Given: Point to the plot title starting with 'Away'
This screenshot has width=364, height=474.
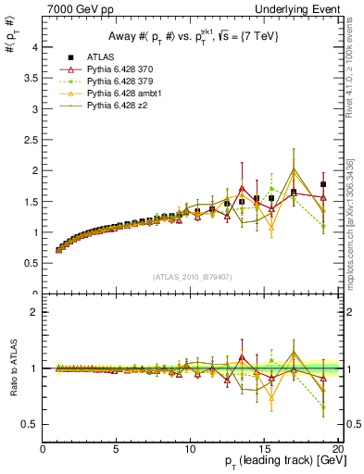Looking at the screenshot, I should click(x=189, y=36).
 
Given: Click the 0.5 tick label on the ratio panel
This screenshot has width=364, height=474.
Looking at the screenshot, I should click(x=31, y=424).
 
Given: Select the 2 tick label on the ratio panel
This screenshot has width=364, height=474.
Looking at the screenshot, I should click(x=34, y=312).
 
